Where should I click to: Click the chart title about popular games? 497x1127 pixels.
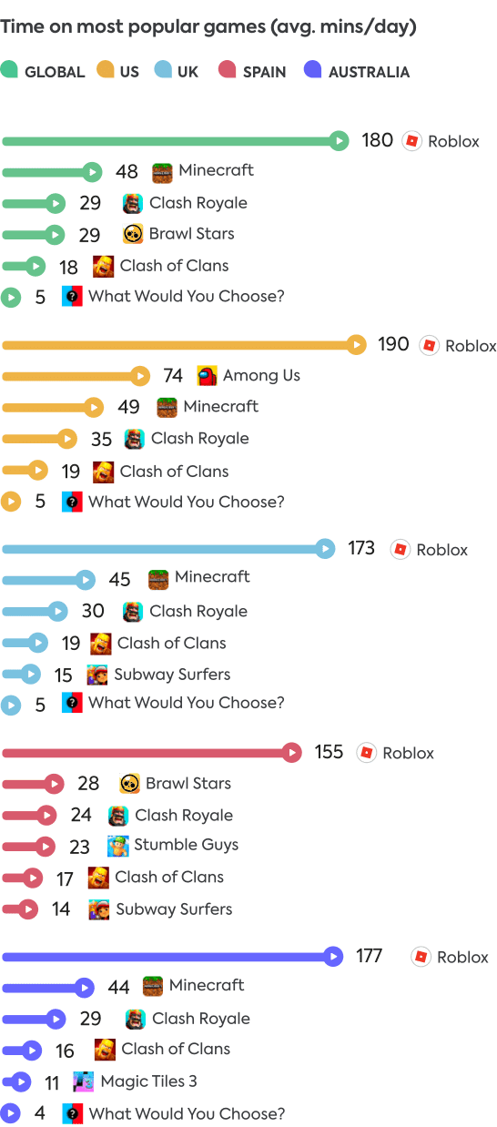208,27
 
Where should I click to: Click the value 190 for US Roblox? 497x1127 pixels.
393,345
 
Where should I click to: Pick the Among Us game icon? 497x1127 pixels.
207,376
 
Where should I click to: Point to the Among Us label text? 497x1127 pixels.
261,376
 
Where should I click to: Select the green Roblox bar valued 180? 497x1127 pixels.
173,141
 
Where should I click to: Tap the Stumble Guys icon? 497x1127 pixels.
117,846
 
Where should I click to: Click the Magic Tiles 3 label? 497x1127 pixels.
148,1081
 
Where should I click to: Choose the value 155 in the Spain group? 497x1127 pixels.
329,752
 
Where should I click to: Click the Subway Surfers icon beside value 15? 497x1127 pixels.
97,675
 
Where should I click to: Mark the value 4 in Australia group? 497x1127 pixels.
39,1113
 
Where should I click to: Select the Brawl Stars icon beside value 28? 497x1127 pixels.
129,783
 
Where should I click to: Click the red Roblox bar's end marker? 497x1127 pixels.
291,753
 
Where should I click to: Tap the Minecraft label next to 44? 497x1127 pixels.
207,986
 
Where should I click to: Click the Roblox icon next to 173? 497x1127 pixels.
400,549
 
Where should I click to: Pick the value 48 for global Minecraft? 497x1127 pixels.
127,171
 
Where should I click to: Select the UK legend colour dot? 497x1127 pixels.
164,70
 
